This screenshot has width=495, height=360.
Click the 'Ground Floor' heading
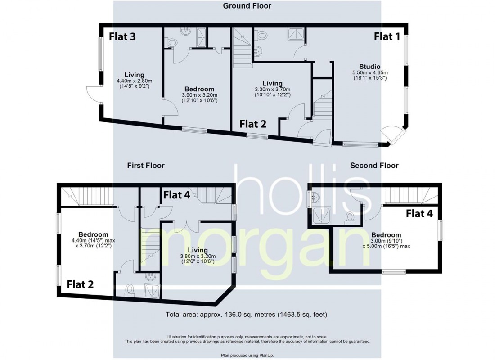tap(247, 6)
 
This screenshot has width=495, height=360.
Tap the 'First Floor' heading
tap(145, 166)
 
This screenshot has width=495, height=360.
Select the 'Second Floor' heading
tap(374, 166)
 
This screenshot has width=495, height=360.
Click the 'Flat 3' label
tap(122, 37)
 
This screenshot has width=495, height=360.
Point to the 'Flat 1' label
tap(387, 37)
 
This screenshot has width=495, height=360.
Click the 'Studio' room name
tap(370, 66)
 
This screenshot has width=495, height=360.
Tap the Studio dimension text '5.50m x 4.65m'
tap(370, 72)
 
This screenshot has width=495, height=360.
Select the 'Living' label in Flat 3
tap(134, 75)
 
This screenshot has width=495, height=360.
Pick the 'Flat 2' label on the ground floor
tap(252, 123)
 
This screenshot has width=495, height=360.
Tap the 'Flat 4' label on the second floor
tap(419, 213)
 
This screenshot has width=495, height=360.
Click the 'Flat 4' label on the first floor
tap(176, 195)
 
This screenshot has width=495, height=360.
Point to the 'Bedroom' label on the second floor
tap(386, 235)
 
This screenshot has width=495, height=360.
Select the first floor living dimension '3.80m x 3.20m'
tap(198, 256)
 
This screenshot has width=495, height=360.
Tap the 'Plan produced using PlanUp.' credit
tap(247, 355)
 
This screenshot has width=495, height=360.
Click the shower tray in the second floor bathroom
tap(322, 215)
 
